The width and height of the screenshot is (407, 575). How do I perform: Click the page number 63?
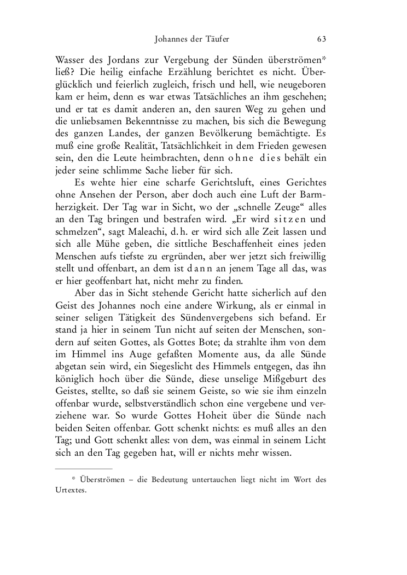coord(321,39)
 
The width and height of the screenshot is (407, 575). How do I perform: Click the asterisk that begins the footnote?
coord(74,479)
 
